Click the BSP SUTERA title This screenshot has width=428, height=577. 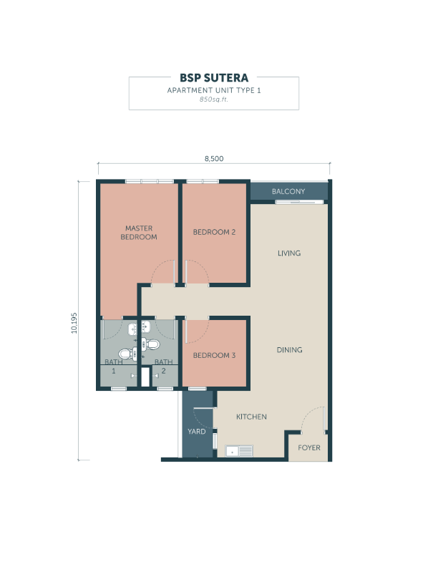click(x=214, y=78)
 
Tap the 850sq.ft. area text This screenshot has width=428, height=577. click(x=214, y=100)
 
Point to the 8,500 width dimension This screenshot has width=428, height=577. click(x=214, y=159)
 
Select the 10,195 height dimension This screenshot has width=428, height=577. click(x=74, y=323)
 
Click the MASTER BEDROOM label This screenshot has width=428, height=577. click(x=139, y=233)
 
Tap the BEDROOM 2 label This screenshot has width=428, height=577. click(x=214, y=232)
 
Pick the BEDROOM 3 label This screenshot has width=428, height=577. click(x=214, y=356)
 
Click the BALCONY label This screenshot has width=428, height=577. click(x=288, y=191)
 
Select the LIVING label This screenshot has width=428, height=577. click(x=289, y=253)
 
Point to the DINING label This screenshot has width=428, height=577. click(x=290, y=350)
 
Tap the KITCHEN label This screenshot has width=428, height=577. click(x=251, y=417)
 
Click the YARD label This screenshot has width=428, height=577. click(x=197, y=432)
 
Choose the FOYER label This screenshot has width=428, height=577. click(x=309, y=448)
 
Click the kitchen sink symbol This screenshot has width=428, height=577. click(x=239, y=451)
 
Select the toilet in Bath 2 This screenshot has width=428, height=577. click(x=151, y=344)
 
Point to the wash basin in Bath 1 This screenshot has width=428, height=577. click(x=132, y=329)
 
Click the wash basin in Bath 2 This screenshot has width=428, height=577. click(x=146, y=326)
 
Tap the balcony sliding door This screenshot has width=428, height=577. click(x=300, y=202)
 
